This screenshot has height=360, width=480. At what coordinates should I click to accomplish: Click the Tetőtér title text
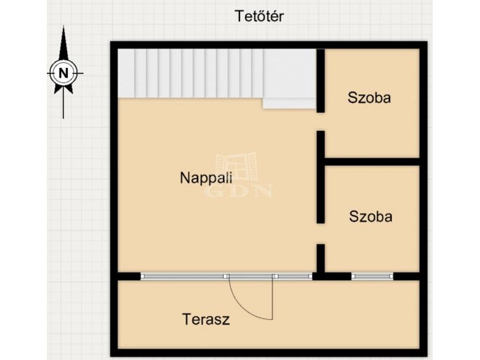click(259, 16)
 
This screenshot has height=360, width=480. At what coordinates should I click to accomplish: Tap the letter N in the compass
click(64, 73)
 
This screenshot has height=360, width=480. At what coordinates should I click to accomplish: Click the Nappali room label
click(206, 178)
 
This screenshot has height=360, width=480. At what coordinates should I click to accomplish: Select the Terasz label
click(206, 319)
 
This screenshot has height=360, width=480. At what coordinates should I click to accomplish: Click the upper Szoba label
click(369, 98)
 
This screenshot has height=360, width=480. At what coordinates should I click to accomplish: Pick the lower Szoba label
click(371, 217)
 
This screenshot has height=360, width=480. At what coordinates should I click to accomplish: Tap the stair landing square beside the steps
click(289, 79)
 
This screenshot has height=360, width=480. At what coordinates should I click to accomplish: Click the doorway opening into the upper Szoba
click(320, 122)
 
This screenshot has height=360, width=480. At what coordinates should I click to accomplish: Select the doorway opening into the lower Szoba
click(320, 233)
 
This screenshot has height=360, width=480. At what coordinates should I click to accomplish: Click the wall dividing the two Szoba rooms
click(372, 161)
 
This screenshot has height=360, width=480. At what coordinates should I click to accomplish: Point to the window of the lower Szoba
click(372, 276)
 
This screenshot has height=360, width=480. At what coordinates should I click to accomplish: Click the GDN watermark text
click(238, 191)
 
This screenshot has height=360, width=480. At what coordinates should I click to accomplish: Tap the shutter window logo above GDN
click(236, 168)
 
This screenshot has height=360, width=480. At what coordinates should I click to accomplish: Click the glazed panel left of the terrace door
click(182, 276)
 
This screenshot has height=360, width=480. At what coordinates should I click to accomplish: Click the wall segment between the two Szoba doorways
click(320, 177)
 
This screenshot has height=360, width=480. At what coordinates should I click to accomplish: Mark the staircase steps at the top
click(190, 73)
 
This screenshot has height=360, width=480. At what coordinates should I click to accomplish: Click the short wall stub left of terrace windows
click(129, 276)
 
